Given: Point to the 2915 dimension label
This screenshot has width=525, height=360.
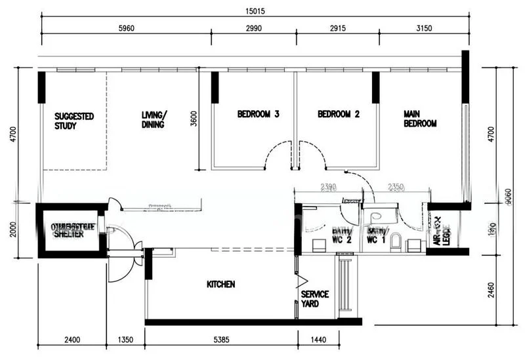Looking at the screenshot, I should (x=336, y=28).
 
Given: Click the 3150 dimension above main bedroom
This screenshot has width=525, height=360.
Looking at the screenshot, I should (x=424, y=28).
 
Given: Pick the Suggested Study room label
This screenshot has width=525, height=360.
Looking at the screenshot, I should (x=73, y=121).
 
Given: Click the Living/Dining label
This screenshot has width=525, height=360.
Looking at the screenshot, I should (x=154, y=121).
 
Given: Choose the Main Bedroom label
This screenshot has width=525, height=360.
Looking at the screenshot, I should (x=420, y=119).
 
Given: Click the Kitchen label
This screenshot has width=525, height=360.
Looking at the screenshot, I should (x=220, y=285).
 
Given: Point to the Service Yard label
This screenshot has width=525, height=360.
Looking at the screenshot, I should (x=315, y=299).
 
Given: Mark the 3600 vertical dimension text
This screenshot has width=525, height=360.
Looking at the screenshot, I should (x=193, y=119).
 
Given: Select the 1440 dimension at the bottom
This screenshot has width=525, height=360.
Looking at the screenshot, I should (x=317, y=340).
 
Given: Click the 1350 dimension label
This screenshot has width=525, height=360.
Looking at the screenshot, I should (x=125, y=340).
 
